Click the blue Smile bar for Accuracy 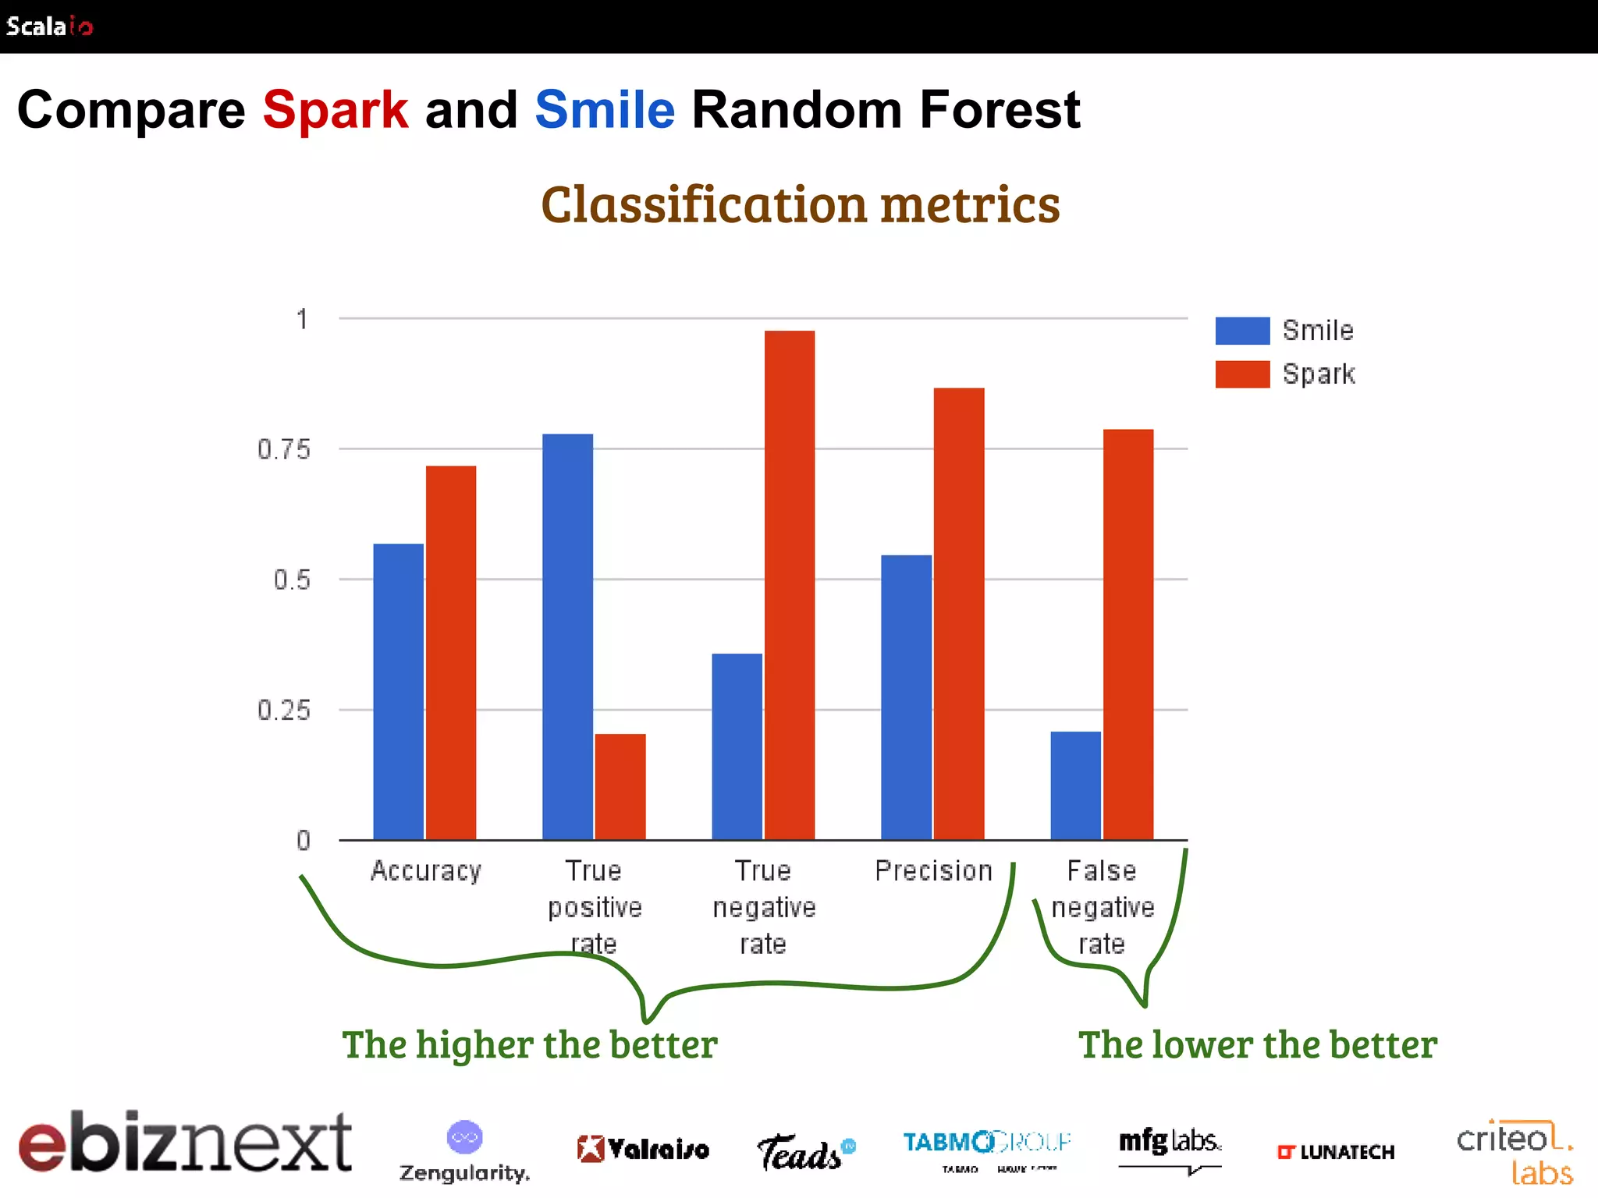click(x=398, y=691)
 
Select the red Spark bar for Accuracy click(x=451, y=652)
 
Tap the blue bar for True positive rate click(x=567, y=636)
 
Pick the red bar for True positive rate click(x=620, y=786)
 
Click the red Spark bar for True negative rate click(x=790, y=585)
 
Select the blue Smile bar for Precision click(x=906, y=697)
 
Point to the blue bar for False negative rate click(x=1075, y=785)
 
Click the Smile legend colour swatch click(x=1242, y=331)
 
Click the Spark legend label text click(x=1319, y=374)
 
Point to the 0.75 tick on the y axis click(x=284, y=449)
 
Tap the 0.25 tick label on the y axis click(x=284, y=711)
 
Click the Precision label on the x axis click(x=933, y=870)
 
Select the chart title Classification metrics click(x=801, y=204)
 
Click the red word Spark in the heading click(x=335, y=110)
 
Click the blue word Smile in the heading click(x=605, y=110)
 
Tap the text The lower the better click(x=1257, y=1044)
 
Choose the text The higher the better click(x=530, y=1044)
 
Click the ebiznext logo click(x=186, y=1143)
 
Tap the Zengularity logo click(x=464, y=1153)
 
